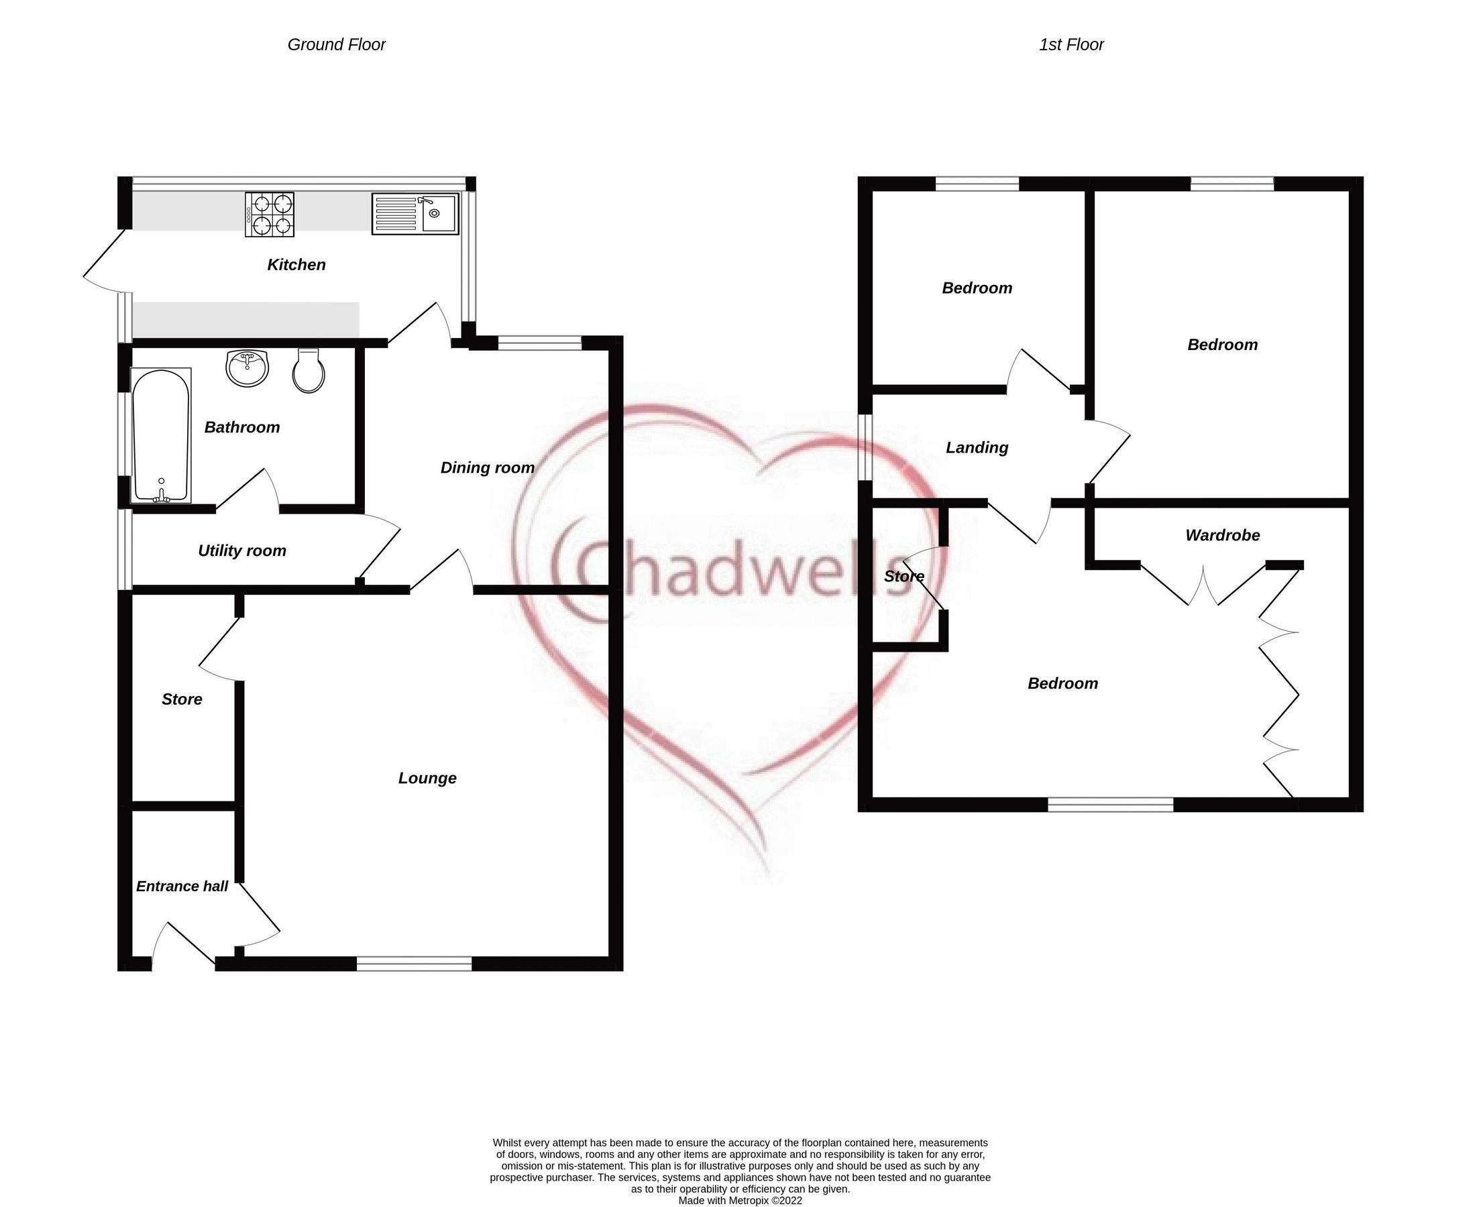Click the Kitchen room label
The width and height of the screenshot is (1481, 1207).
pyautogui.click(x=296, y=265)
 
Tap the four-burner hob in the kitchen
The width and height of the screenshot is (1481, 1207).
pyautogui.click(x=269, y=215)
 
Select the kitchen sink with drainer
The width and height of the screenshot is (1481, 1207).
pyautogui.click(x=415, y=213)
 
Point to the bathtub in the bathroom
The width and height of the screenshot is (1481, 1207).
pyautogui.click(x=161, y=435)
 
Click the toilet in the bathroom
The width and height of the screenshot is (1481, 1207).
pyautogui.click(x=309, y=371)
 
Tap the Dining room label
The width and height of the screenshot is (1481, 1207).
pyautogui.click(x=488, y=468)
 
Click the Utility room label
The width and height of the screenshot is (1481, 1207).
pyautogui.click(x=242, y=551)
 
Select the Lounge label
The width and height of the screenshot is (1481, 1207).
pyautogui.click(x=427, y=778)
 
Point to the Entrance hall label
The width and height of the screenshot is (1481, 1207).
pyautogui.click(x=182, y=886)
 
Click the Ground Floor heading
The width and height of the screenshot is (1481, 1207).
pyautogui.click(x=337, y=45)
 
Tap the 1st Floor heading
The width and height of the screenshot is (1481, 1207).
pyautogui.click(x=1071, y=45)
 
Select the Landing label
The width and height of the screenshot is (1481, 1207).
pyautogui.click(x=977, y=448)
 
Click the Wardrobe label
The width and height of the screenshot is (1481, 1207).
pyautogui.click(x=1222, y=535)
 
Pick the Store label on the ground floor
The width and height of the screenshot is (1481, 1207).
pyautogui.click(x=182, y=699)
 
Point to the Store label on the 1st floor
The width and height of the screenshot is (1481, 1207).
pyautogui.click(x=904, y=577)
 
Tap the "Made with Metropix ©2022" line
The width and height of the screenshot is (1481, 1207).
pyautogui.click(x=740, y=1200)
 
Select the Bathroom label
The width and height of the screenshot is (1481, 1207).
pyautogui.click(x=242, y=428)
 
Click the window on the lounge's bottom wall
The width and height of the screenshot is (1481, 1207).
pyautogui.click(x=414, y=964)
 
